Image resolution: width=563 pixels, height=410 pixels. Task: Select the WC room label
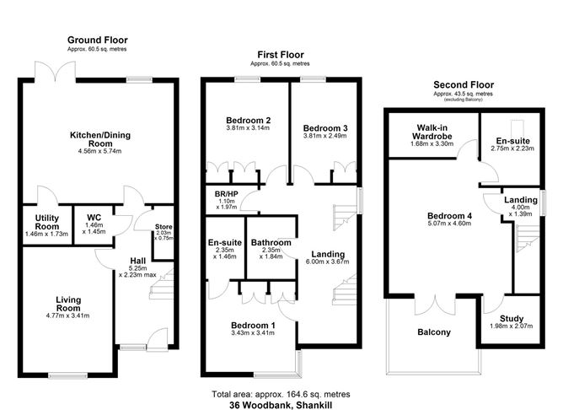(94, 218)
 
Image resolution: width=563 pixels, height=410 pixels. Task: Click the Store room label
(164, 225)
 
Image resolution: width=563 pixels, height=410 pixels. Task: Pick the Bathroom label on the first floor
(270, 242)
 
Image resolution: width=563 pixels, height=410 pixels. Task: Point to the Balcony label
(434, 332)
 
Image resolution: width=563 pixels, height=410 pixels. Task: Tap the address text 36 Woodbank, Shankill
(279, 404)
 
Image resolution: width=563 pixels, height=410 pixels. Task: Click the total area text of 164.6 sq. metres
(279, 394)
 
